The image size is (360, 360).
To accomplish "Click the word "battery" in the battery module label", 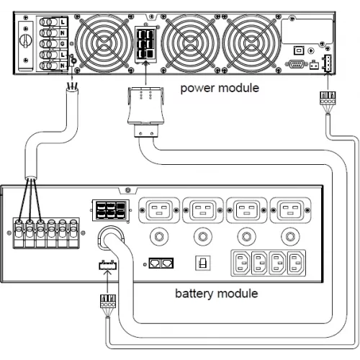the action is tap(194, 294).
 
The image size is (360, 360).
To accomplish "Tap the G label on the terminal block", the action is tap(63, 44).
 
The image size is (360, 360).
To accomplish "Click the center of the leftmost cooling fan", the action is tap(104, 44).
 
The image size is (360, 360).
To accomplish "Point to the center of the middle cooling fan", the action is tap(190, 44).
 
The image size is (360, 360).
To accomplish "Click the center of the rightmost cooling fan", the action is tap(251, 44).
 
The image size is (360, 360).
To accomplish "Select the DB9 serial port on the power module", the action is tap(297, 64).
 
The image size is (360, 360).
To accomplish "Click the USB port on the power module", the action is tap(299, 50).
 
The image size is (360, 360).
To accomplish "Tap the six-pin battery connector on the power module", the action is tap(145, 45).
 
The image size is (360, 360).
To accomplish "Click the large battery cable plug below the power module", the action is tap(145, 112).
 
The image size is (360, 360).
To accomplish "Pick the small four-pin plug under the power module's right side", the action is tap(328, 98).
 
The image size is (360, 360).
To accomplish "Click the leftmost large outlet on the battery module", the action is tap(159, 210).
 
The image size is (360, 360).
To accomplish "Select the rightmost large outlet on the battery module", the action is tap(290, 210).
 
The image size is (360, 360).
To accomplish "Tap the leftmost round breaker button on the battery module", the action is tap(159, 237).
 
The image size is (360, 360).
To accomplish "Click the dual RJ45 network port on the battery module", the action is tap(161, 263).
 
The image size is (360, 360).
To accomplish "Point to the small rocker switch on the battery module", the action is tap(203, 264).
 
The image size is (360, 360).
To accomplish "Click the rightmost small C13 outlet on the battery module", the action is tap(297, 263).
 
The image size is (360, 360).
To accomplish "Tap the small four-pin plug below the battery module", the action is tap(108, 302).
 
